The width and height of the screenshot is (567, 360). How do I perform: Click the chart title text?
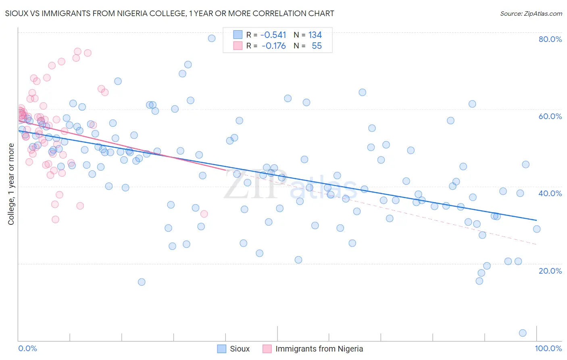click(x=169, y=13)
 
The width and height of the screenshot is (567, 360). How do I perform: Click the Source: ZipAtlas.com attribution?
click(x=531, y=13)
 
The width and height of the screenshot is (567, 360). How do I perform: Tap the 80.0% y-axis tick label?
click(x=550, y=39)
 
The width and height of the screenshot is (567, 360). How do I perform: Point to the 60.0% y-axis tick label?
click(x=550, y=116)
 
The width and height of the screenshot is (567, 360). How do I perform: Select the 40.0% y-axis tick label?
click(x=550, y=193)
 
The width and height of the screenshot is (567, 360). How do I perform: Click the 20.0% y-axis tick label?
click(x=550, y=271)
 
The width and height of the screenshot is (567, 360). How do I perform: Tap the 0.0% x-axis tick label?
click(x=27, y=348)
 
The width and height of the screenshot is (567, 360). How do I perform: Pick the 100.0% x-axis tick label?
click(x=548, y=348)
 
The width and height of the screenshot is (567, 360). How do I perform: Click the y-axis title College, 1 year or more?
click(x=11, y=184)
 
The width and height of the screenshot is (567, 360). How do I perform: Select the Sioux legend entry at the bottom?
click(x=234, y=349)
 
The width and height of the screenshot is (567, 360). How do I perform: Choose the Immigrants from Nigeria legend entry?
click(x=313, y=349)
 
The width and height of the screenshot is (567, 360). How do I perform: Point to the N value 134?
click(x=315, y=35)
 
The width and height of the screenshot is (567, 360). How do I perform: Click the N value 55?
click(x=317, y=46)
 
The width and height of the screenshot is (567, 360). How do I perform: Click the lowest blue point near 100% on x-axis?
click(x=523, y=333)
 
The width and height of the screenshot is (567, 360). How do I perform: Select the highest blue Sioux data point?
click(x=212, y=38)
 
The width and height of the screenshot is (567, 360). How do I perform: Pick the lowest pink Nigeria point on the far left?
click(x=56, y=220)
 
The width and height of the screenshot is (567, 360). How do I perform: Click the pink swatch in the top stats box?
click(x=238, y=46)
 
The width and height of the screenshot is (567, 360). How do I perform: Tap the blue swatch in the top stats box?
click(x=238, y=35)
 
